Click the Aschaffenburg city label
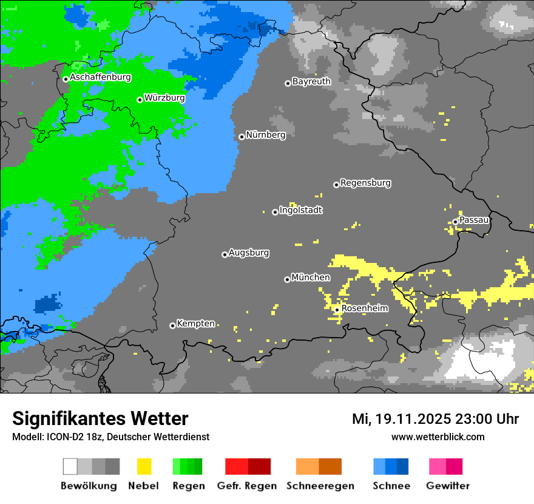pyautogui.click(x=100, y=78)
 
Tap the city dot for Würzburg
pyautogui.click(x=140, y=100)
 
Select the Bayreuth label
pyautogui.click(x=311, y=81)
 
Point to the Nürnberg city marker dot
pyautogui.click(x=242, y=137)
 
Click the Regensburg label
pyautogui.click(x=365, y=183)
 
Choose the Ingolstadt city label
pyautogui.click(x=301, y=211)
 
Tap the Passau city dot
pyautogui.click(x=455, y=222)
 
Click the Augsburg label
pyautogui.click(x=249, y=253)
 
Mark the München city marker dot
pyautogui.click(x=287, y=279)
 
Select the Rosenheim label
pyautogui.click(x=365, y=308)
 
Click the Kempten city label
pyautogui.click(x=195, y=324)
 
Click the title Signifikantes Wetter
pyautogui.click(x=100, y=418)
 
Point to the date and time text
pyautogui.click(x=435, y=419)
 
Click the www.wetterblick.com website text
pyautogui.click(x=438, y=437)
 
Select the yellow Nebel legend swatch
pyautogui.click(x=144, y=466)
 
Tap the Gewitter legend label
pyautogui.click(x=448, y=486)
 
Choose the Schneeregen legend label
pyautogui.click(x=320, y=486)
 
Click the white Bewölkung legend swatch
pyautogui.click(x=70, y=466)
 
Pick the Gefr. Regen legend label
pyautogui.click(x=247, y=486)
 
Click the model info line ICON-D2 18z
pyautogui.click(x=110, y=437)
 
